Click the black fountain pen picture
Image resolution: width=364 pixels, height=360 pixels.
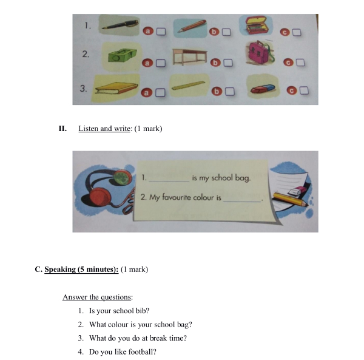[x=120, y=25]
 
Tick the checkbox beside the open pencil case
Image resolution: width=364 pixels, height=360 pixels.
[x=297, y=32]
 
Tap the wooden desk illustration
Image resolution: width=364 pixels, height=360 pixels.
[x=190, y=57]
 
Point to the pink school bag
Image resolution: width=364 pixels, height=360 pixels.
[x=260, y=52]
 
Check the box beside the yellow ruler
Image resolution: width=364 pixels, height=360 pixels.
[x=230, y=91]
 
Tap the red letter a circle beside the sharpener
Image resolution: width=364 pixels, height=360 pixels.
[x=147, y=63]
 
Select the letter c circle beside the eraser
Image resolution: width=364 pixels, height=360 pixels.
[x=292, y=90]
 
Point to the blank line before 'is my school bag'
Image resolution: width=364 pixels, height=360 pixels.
[x=169, y=182]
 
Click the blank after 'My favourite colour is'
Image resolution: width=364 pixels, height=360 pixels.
[x=242, y=202]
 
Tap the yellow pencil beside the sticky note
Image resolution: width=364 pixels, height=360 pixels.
[x=291, y=199]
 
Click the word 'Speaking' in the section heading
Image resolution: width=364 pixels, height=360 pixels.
[x=60, y=270]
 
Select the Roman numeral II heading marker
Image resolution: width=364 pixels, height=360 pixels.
[x=62, y=129]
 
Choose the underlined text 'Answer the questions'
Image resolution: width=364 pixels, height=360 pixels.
[x=97, y=297]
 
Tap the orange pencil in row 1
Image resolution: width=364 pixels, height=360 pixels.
[x=192, y=26]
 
